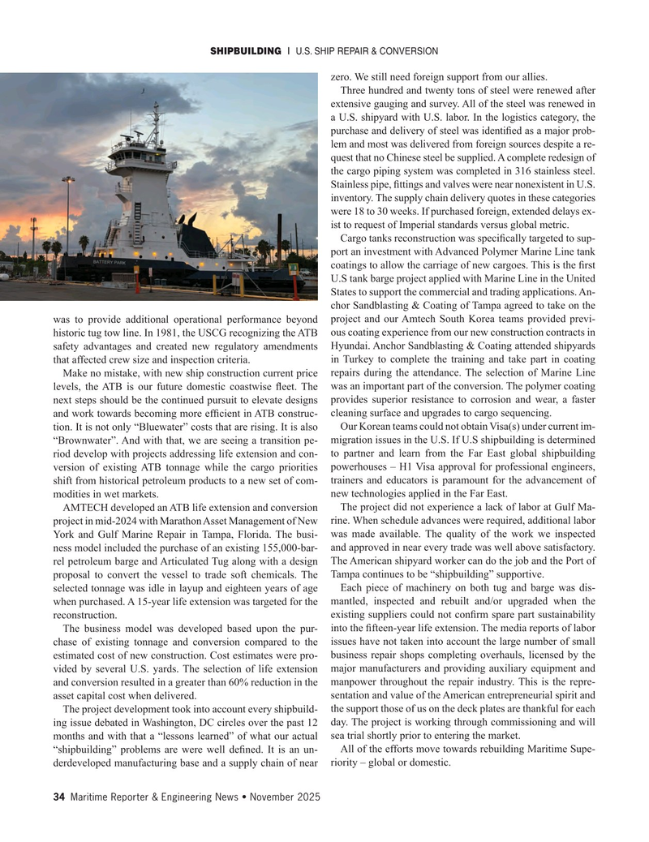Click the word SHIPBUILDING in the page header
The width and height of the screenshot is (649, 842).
point(245,51)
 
